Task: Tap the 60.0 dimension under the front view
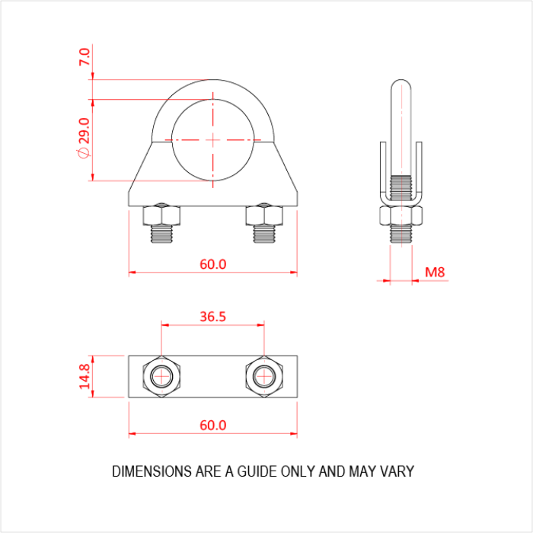pyautogui.click(x=213, y=264)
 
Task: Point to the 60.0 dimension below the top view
pyautogui.click(x=213, y=426)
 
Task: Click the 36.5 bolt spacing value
pyautogui.click(x=212, y=317)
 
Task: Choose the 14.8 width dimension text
pyautogui.click(x=85, y=377)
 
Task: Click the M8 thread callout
pyautogui.click(x=434, y=272)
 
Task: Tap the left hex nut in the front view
pyautogui.click(x=161, y=216)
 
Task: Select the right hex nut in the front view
pyautogui.click(x=264, y=216)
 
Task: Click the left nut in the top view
pyautogui.click(x=161, y=376)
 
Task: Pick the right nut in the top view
pyautogui.click(x=263, y=376)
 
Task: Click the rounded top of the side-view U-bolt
pyautogui.click(x=401, y=85)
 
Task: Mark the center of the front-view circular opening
pyautogui.click(x=213, y=140)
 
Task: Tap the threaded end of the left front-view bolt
pyautogui.click(x=161, y=235)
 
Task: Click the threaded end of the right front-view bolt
pyautogui.click(x=264, y=235)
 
